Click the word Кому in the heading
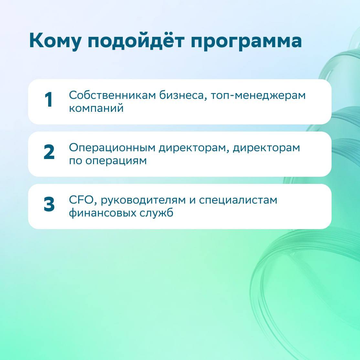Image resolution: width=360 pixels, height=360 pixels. point(55,41)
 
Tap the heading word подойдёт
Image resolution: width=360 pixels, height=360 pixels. point(136,40)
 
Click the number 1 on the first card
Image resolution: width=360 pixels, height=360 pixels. point(49,100)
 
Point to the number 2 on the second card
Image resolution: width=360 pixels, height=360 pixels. point(49,152)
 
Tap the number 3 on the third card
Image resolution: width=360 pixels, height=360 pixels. point(49,204)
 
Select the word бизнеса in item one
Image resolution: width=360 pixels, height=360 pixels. point(182,96)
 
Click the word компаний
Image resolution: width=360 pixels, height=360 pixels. point(96,108)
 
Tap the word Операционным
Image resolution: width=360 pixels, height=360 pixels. point(112,148)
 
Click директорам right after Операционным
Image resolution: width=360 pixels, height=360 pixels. point(194,148)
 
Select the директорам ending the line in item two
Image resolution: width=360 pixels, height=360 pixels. point(267,148)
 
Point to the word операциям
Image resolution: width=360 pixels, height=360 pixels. point(116,161)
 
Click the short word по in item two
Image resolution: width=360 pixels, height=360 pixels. point(76,161)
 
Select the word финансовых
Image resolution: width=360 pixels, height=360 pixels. point(103,213)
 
